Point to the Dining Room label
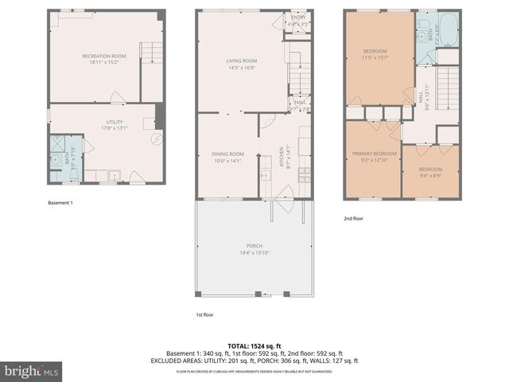[227, 157]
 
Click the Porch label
[254, 248]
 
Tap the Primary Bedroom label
[375, 155]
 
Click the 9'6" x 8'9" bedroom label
[430, 172]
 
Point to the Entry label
[298, 19]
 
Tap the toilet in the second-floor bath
[419, 34]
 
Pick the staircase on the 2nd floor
[449, 88]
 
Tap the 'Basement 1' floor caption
[60, 203]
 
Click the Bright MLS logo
[32, 371]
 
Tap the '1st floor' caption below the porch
[206, 315]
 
